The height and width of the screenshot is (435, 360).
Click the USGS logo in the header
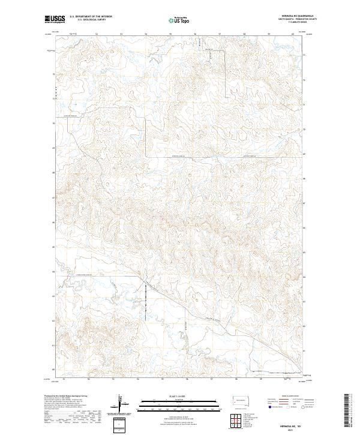(55, 19)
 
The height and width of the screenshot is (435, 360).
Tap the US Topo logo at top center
(178, 20)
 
